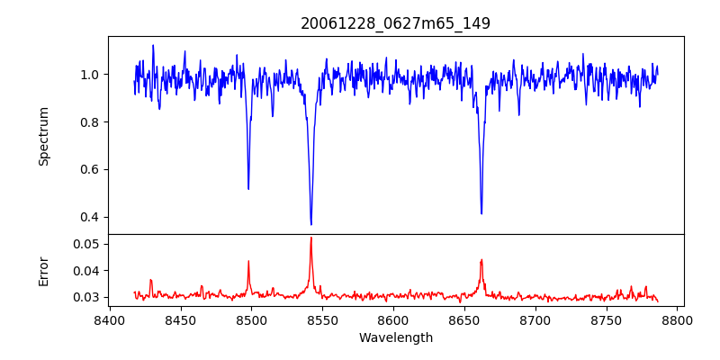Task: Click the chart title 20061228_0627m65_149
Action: click(395, 23)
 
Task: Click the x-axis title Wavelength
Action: click(395, 338)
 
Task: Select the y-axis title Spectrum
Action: click(44, 136)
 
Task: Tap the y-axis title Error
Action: click(44, 271)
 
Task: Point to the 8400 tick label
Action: click(109, 319)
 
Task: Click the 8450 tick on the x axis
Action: click(180, 319)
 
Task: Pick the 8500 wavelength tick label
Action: click(251, 319)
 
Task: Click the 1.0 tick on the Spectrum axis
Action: click(92, 75)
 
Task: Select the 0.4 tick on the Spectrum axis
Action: click(92, 217)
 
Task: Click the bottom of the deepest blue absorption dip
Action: click(311, 224)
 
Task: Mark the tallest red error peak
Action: click(311, 238)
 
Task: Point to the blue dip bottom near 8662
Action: click(481, 213)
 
